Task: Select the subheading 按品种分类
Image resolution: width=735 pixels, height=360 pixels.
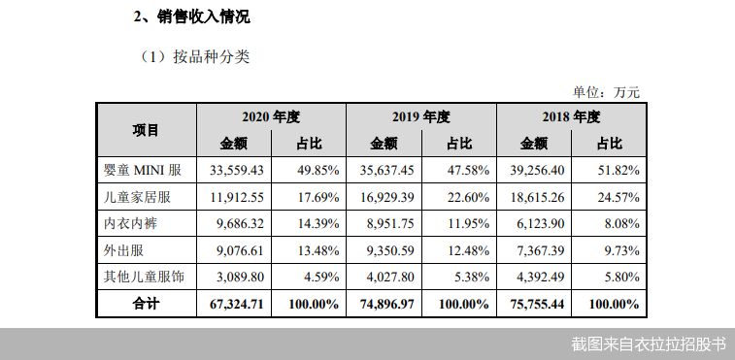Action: click(x=194, y=56)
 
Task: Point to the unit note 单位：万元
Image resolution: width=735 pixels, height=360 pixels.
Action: click(x=606, y=92)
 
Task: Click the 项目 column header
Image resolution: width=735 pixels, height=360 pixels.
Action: click(x=146, y=130)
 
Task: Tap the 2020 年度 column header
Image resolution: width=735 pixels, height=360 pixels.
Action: click(x=271, y=116)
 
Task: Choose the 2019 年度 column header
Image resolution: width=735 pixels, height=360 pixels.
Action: click(x=421, y=116)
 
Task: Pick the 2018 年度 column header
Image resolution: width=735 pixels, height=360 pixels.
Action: click(x=572, y=116)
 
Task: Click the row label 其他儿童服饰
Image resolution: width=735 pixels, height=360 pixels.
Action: click(x=144, y=277)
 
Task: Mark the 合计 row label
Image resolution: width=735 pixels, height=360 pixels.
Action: click(x=146, y=304)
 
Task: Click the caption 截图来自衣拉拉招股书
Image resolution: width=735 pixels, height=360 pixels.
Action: click(x=648, y=344)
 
